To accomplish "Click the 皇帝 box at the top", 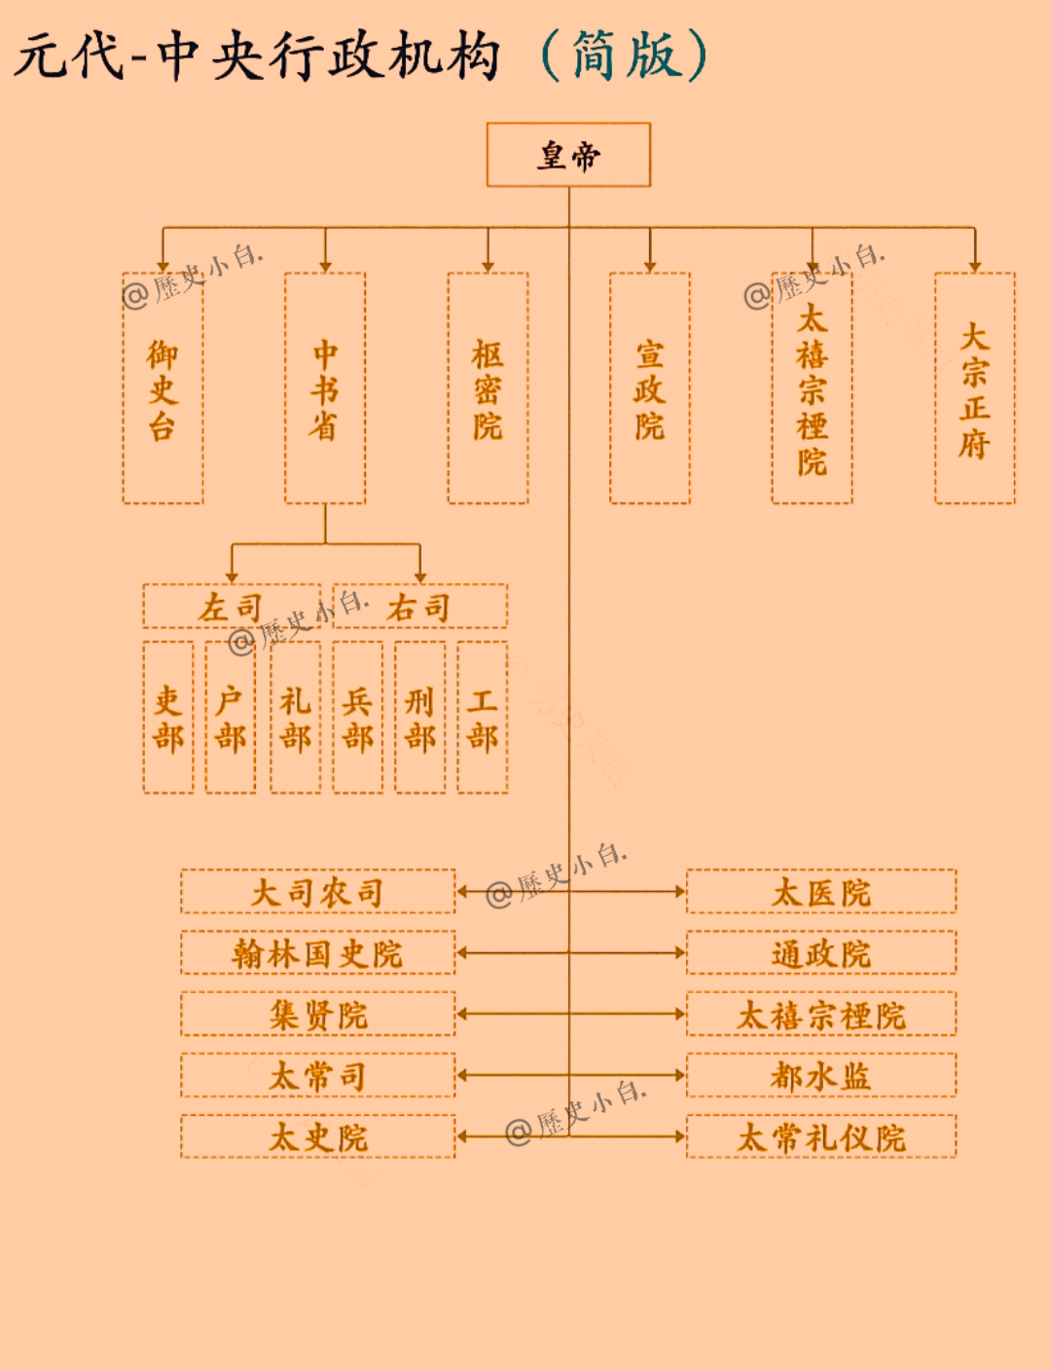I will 568,154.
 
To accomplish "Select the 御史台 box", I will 163,389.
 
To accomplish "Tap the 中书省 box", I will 325,389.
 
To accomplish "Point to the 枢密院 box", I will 488,389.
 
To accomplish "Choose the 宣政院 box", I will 650,389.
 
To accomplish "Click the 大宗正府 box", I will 974,389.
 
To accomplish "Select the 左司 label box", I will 232,607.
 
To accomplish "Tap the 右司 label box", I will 419,607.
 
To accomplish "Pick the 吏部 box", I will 168,718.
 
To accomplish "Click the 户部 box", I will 231,718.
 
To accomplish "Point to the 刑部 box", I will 420,718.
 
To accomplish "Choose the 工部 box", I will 483,718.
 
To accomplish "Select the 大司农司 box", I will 317,892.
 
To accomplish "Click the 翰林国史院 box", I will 317,953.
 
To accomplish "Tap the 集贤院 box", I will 317,1015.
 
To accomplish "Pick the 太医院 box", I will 821,892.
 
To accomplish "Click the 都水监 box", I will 821,1076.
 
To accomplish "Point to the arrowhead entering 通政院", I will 681,953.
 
